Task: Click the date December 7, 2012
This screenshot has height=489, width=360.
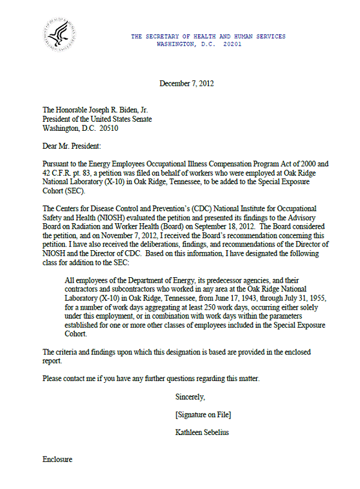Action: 187,83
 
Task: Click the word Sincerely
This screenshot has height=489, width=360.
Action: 190,397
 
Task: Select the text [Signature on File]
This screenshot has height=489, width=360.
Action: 203,415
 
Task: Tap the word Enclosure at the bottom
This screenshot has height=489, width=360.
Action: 58,460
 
